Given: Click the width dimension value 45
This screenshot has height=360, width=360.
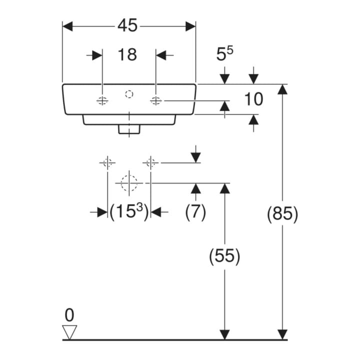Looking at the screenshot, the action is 127,25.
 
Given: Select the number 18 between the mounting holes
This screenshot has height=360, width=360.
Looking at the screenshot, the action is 127,54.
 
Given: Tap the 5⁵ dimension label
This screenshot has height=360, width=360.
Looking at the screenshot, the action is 224,53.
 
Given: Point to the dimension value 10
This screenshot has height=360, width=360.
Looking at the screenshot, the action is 253,99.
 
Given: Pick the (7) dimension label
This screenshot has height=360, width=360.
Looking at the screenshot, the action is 195,212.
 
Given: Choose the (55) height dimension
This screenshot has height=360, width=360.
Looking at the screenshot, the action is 224,256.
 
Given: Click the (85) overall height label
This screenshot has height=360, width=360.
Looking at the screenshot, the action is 282,214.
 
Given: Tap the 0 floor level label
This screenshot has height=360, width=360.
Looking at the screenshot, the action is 69,315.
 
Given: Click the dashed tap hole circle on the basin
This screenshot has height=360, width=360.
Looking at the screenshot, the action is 129,94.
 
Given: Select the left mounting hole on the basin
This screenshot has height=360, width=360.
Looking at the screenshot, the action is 102,100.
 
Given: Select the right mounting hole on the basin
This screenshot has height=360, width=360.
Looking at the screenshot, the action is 156,100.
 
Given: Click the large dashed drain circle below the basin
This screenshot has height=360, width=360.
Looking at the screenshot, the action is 129,183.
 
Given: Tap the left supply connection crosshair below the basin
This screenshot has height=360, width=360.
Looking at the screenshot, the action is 107,163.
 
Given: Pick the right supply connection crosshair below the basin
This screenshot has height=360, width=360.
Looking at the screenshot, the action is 150,163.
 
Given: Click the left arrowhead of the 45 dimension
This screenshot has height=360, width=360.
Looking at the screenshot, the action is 67,26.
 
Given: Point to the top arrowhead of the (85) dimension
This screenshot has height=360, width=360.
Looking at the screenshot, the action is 282,89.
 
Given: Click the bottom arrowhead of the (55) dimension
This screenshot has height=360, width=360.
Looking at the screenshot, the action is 224,334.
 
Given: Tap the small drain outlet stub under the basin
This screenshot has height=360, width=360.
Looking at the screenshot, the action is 129,129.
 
